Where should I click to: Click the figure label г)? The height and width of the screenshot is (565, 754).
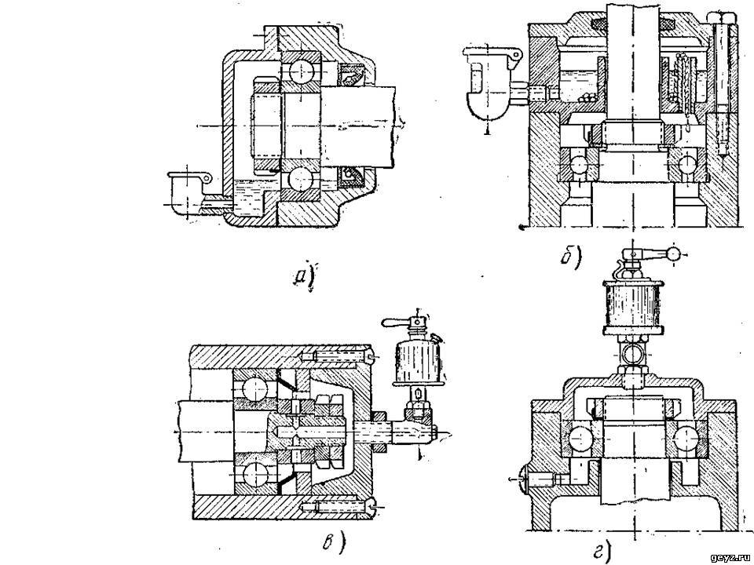(x=603, y=551)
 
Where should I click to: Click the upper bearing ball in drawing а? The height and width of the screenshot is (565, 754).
(x=301, y=71)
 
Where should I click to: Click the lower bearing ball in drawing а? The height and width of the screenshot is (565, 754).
(x=301, y=181)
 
